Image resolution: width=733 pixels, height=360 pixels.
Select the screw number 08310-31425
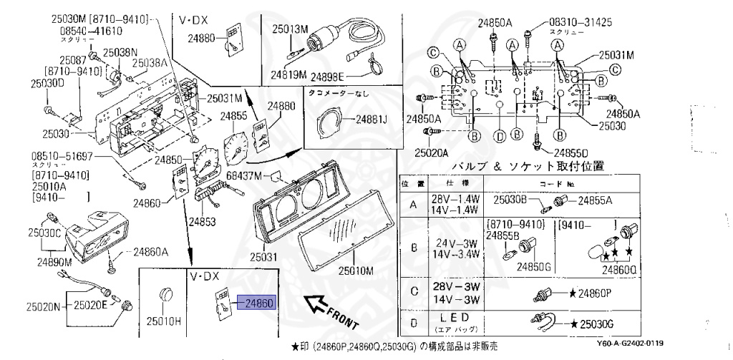[x=581, y=22]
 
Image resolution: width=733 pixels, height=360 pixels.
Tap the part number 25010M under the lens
[x=356, y=271]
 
